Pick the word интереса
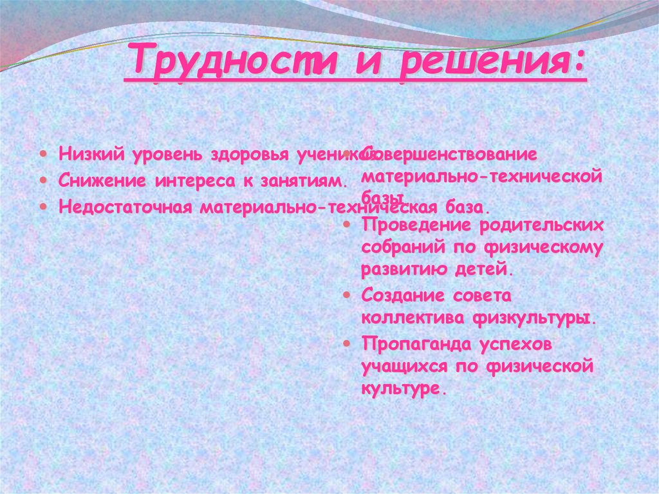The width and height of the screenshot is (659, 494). click(194, 182)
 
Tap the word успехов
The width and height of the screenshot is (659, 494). click(515, 345)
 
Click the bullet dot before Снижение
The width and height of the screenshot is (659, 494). click(42, 182)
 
